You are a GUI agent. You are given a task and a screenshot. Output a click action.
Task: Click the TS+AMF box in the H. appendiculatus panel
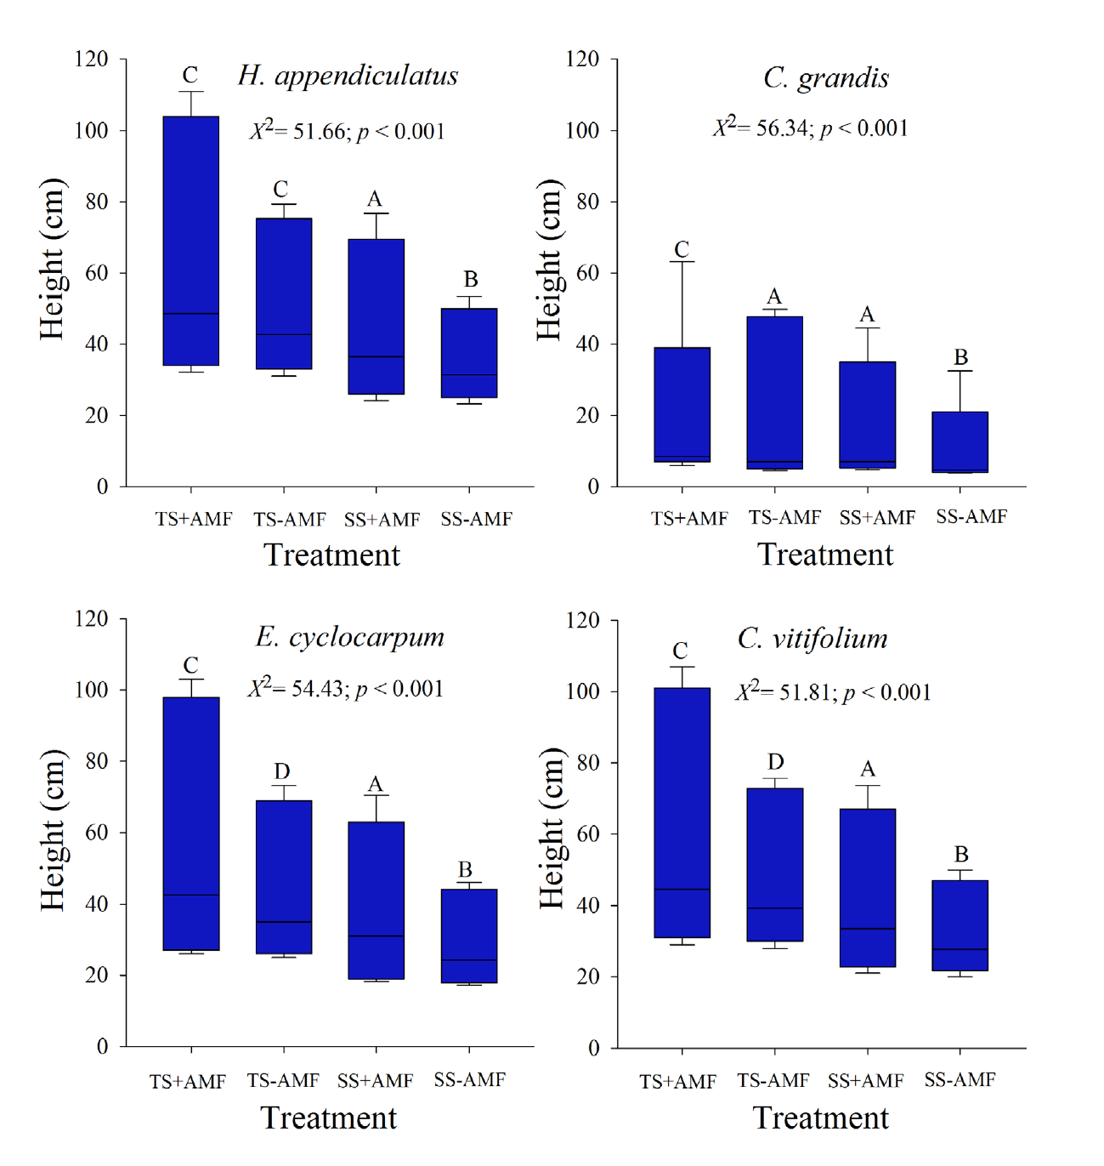(191, 241)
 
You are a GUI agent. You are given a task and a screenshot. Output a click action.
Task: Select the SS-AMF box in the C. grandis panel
(960, 441)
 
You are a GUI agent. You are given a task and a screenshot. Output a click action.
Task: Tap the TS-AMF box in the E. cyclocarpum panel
(284, 877)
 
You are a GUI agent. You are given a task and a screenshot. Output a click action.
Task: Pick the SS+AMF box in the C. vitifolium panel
(867, 888)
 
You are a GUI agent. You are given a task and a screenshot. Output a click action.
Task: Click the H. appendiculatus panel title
(348, 77)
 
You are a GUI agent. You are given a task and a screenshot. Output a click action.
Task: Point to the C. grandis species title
(826, 78)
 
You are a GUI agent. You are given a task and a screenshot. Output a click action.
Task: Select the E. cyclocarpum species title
(350, 637)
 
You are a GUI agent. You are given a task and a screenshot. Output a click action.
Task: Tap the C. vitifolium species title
(812, 639)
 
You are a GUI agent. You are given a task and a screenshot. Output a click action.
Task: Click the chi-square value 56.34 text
(810, 128)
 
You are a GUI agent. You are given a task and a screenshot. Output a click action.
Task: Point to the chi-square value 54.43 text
(345, 689)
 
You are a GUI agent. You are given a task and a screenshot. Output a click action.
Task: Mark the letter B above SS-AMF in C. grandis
(960, 357)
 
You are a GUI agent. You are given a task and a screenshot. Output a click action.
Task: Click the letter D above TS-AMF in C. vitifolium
(775, 762)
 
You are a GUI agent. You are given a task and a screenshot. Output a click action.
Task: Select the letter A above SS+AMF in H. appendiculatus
(374, 200)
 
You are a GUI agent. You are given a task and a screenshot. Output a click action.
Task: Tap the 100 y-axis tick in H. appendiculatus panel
(92, 130)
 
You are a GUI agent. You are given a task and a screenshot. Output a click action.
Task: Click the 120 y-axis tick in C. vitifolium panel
(583, 620)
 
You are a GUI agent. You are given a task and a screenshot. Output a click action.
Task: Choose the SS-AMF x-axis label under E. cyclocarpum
(469, 1080)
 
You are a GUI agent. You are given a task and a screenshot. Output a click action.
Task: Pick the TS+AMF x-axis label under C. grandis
(689, 518)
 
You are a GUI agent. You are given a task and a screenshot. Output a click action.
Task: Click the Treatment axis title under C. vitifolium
(821, 1118)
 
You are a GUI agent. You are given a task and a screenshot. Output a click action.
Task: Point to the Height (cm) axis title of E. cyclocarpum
(53, 830)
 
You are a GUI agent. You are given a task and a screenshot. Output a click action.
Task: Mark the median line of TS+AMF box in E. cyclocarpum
(191, 895)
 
